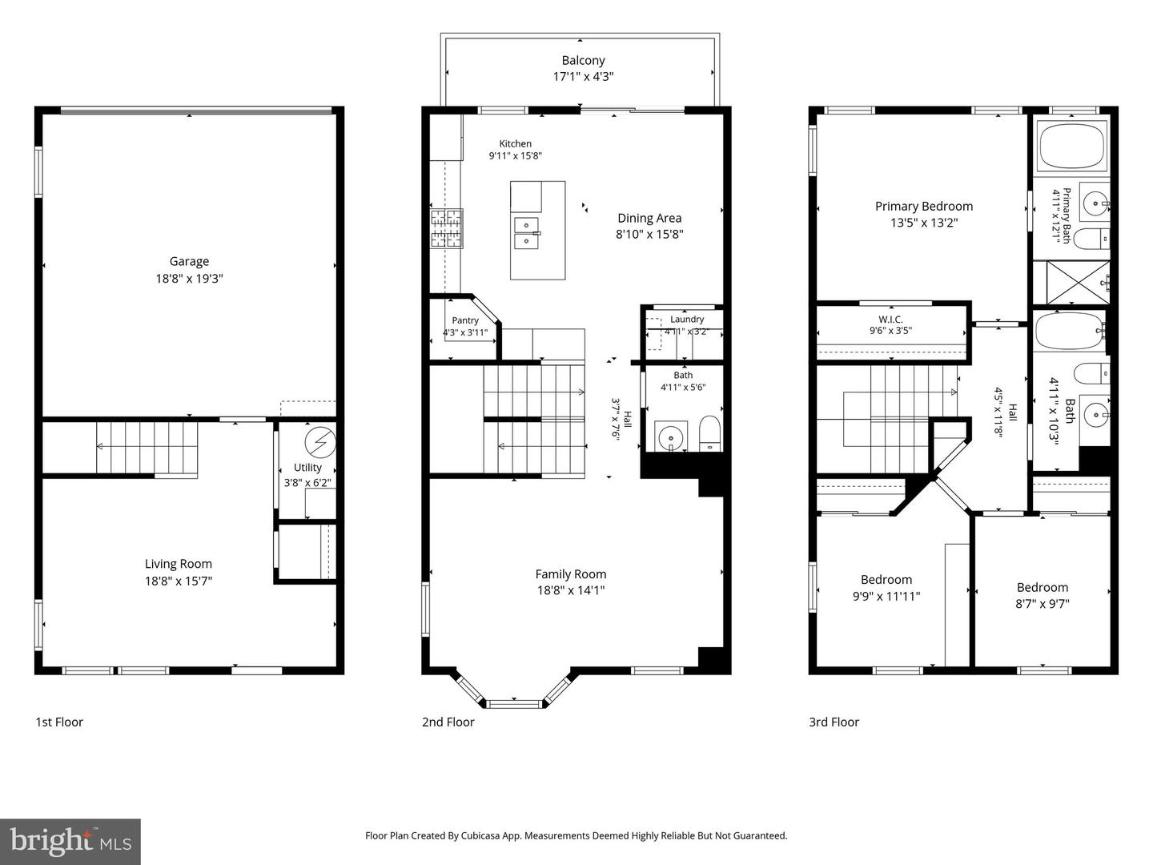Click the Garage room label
coord(189,261)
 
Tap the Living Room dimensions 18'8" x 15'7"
coord(179,581)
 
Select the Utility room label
coord(307,468)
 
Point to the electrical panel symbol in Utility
coord(320,441)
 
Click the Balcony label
coord(583,60)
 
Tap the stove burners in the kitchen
coord(447,228)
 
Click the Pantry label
coord(465,320)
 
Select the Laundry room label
coord(687,320)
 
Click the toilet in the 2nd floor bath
coord(709,433)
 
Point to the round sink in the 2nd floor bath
coord(671,436)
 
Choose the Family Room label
coord(571,574)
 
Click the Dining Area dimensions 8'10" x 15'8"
coord(649,234)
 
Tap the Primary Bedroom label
coord(924,207)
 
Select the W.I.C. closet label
coord(890,320)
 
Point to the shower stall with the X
coord(1078,283)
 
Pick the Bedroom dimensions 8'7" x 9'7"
coord(1043,604)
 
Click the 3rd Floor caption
coord(834,722)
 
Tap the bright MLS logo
coord(70,841)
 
